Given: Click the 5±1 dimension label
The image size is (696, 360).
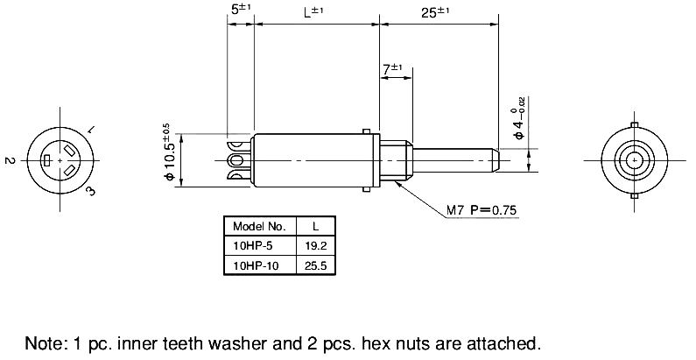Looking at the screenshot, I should tap(239, 10).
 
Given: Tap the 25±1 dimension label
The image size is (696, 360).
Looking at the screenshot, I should tap(436, 11).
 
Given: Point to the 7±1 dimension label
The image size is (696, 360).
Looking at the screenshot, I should tap(391, 67).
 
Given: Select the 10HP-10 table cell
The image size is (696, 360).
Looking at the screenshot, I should tap(252, 265).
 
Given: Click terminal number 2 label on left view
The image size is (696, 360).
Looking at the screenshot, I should tap(8, 161).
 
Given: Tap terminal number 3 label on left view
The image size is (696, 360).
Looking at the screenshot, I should tap(90, 192).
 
